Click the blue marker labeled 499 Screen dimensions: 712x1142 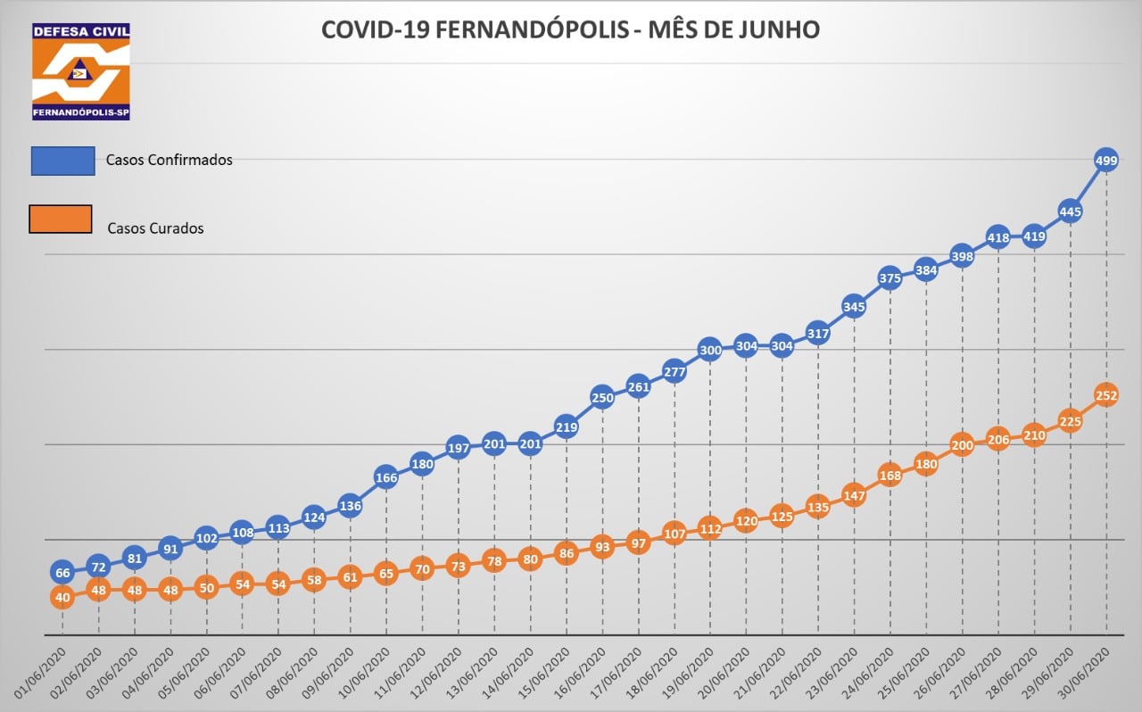(1105, 161)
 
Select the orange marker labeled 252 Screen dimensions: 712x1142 (1105, 395)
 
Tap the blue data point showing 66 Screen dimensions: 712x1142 (62, 573)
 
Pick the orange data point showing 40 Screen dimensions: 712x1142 (62, 598)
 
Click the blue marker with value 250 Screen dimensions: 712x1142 (602, 398)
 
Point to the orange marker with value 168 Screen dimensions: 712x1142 (890, 475)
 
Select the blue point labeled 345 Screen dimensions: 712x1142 (854, 308)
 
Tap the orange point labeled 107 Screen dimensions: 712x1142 (674, 534)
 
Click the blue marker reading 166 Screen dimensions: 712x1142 (386, 477)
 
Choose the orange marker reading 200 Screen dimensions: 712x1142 (962, 445)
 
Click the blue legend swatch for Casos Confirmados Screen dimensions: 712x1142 (62, 161)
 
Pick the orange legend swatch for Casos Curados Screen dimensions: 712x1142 (61, 219)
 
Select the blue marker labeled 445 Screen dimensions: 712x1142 (1070, 211)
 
